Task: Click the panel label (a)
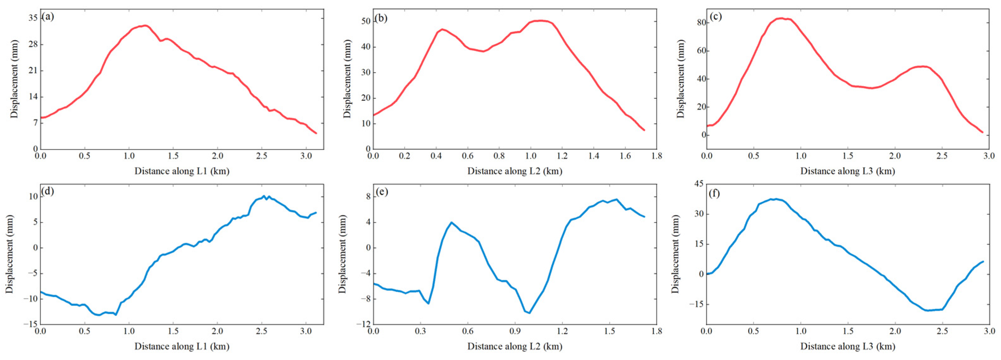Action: pyautogui.click(x=48, y=16)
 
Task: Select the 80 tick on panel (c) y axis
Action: pyautogui.click(x=699, y=23)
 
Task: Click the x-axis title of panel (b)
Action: pyautogui.click(x=514, y=171)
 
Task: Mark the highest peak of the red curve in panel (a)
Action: pyautogui.click(x=145, y=26)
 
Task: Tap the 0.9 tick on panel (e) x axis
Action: pyautogui.click(x=515, y=331)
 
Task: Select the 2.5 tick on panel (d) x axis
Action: pyautogui.click(x=262, y=331)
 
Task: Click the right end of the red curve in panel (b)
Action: pyautogui.click(x=644, y=130)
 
